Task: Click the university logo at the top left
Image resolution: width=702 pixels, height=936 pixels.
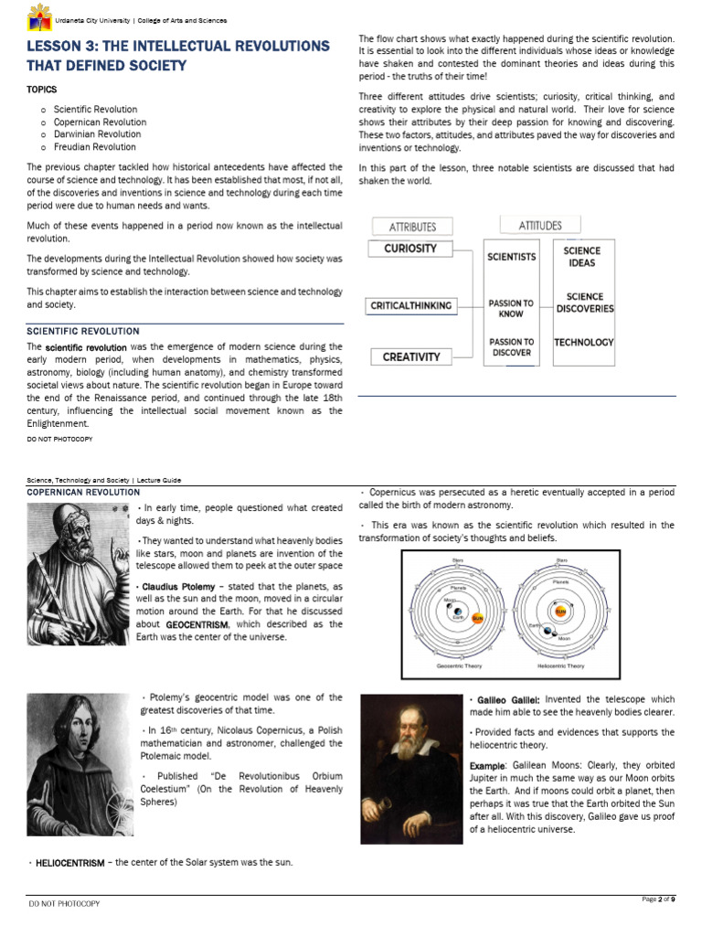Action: pos(39,16)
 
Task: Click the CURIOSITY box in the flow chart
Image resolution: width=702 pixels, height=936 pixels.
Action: pos(410,249)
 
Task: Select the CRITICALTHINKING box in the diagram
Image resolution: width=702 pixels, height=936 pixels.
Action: pos(410,306)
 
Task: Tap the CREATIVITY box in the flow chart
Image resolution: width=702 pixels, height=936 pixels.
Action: pos(410,357)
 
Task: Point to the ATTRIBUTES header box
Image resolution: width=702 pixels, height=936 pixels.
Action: pos(412,227)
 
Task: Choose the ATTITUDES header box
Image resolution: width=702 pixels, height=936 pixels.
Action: pos(540,225)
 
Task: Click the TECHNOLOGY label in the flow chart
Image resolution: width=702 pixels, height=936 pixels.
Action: pos(584,343)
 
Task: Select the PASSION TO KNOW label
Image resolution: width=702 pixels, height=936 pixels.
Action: pos(511,308)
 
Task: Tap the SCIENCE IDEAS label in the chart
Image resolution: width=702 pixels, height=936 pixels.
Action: pos(581,257)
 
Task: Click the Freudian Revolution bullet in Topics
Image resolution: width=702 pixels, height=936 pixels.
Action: pos(94,146)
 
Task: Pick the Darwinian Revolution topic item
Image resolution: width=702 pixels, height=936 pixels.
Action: pos(97,134)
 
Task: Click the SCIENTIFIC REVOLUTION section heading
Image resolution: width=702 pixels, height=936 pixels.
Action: pos(83,331)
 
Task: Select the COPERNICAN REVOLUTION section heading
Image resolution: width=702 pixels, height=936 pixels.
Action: pos(83,493)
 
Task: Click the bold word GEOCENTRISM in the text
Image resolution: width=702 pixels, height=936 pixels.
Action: pos(197,624)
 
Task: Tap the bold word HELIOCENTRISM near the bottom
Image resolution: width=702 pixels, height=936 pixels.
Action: pos(69,863)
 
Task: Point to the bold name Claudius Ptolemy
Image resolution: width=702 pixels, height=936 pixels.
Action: pos(177,586)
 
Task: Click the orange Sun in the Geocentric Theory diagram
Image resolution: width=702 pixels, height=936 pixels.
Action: pos(476,618)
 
